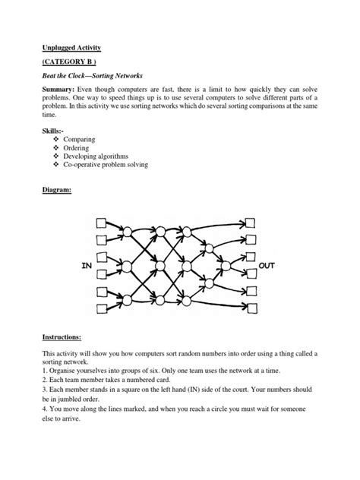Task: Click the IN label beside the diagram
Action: click(x=86, y=267)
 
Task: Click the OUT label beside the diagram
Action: click(x=269, y=267)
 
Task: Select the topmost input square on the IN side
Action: click(x=101, y=224)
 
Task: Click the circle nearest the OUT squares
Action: click(x=226, y=265)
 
